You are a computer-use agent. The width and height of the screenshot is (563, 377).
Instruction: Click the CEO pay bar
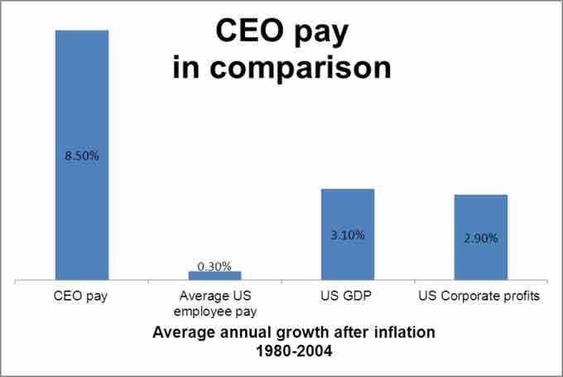tap(81, 99)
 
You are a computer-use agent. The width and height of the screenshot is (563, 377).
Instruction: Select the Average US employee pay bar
tap(214, 275)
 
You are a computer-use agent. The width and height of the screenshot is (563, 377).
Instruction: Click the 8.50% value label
tap(82, 154)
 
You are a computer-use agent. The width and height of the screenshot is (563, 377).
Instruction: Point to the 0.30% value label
tap(214, 266)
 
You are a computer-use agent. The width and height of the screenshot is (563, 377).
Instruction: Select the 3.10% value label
tap(348, 235)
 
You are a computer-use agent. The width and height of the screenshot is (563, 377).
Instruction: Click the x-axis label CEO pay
tap(81, 296)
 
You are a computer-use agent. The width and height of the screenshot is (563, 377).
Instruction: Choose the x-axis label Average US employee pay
tap(215, 303)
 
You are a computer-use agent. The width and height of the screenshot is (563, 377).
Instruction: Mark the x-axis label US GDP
tap(347, 296)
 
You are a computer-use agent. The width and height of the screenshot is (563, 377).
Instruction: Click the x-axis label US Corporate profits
tap(480, 296)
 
